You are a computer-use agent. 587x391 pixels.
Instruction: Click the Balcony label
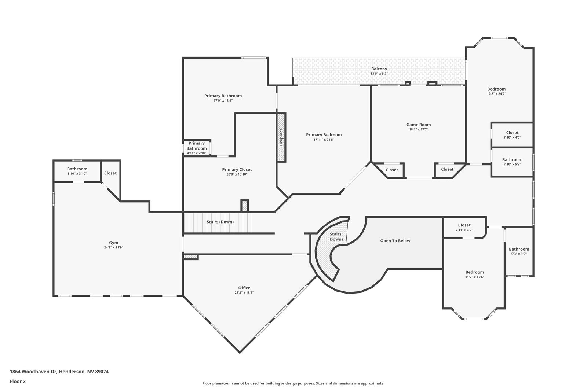coord(379,69)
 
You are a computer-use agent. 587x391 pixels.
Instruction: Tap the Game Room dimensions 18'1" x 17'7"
coord(419,129)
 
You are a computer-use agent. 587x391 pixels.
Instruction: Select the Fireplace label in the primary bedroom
coord(281,137)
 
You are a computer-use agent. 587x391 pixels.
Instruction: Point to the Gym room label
coord(113,243)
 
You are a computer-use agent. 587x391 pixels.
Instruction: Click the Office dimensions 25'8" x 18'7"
coord(244,292)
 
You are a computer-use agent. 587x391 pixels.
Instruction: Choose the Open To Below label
coord(395,241)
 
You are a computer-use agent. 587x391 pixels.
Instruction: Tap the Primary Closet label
coord(237,170)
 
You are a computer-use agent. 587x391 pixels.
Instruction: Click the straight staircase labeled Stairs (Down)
coord(218,223)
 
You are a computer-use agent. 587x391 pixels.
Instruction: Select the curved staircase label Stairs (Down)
coord(335,237)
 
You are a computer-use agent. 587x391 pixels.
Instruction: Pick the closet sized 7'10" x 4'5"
coord(512,135)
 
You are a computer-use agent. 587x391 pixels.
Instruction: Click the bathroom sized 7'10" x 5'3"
coord(512,162)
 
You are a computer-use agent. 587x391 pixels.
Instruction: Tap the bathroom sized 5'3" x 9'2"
coord(519,251)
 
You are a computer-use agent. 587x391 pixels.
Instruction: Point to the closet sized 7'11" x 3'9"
coord(464,228)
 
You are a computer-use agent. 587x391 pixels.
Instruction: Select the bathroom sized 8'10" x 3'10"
coord(77,171)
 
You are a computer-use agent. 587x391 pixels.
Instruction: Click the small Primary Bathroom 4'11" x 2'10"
coord(197,148)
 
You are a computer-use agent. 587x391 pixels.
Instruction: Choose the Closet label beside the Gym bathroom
coord(110,173)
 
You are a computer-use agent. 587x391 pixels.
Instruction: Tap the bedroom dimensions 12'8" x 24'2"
coord(496,94)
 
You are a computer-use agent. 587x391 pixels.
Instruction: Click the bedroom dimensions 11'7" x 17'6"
coord(475,277)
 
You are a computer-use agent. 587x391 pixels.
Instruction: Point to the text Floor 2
coord(18,381)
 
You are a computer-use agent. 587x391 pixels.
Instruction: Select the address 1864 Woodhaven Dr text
coord(33,372)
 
